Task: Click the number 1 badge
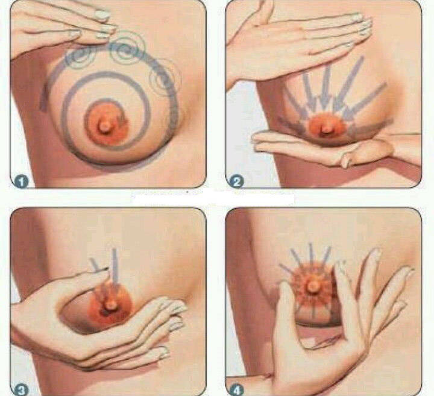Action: click(x=21, y=181)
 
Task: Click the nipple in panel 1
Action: click(x=104, y=127)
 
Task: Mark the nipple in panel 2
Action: click(x=328, y=129)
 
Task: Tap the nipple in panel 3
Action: click(x=111, y=304)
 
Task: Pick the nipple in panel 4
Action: click(x=313, y=287)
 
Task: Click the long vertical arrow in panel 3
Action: click(x=115, y=268)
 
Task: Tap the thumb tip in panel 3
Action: click(x=104, y=272)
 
